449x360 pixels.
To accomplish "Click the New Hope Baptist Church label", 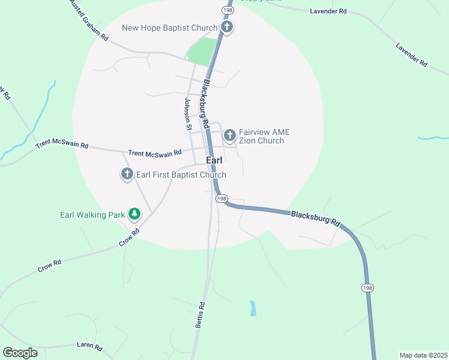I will click(169, 28).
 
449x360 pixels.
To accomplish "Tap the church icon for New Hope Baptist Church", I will click(227, 27).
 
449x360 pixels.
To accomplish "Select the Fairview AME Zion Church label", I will click(261, 136).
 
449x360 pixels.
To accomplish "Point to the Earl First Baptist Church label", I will click(181, 175).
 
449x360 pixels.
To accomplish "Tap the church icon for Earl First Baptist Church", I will click(127, 175).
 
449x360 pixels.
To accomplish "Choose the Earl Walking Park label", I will click(92, 214).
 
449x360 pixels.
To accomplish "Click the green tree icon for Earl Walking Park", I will click(135, 214).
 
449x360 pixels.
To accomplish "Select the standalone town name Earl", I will click(214, 161).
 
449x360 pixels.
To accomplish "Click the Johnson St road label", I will click(188, 113).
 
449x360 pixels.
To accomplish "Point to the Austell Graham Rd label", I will click(88, 20).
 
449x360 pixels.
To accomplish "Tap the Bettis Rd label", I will click(200, 314).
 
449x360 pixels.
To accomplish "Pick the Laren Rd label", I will click(90, 346).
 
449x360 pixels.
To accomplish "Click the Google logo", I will click(20, 353).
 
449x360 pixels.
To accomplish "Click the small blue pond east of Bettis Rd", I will click(253, 308).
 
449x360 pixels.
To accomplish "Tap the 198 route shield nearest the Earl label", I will click(221, 199).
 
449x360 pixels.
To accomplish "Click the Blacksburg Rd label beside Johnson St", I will click(205, 105).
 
